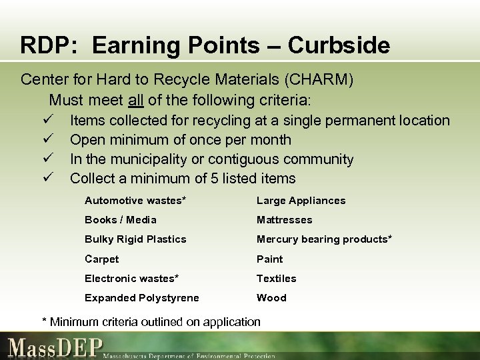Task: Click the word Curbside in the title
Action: point(339,45)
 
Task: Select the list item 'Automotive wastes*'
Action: point(135,201)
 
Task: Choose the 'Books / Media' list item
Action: point(121,220)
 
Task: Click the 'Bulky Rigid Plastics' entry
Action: point(135,239)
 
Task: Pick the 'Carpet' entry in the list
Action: point(101,259)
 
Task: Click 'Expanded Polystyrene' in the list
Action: point(141,298)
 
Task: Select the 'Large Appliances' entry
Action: point(301,201)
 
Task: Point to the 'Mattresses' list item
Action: point(285,220)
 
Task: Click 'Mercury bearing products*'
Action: point(324,239)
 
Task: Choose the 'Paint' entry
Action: point(270,259)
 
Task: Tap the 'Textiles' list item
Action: point(277,279)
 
